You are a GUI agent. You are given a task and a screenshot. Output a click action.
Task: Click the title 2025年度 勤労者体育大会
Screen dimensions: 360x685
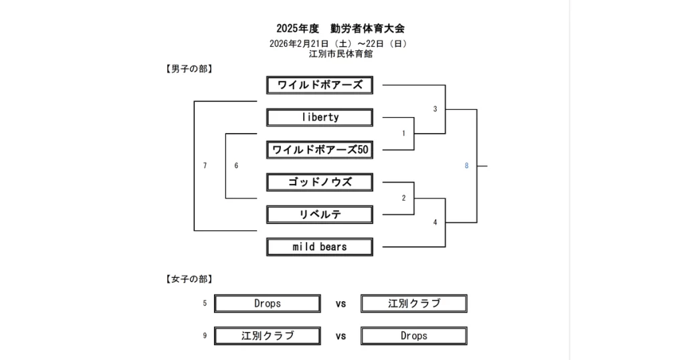tap(340, 29)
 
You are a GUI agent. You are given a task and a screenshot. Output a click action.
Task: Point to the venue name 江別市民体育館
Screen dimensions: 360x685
tap(340, 54)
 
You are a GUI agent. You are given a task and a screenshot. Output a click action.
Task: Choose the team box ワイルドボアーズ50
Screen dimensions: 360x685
tap(320, 150)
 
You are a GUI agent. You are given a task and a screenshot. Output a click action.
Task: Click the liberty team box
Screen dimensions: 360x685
tap(320, 118)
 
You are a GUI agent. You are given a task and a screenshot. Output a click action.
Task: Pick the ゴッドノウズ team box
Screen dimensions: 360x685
tap(320, 182)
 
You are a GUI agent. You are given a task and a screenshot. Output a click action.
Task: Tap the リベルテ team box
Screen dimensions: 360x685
tap(320, 215)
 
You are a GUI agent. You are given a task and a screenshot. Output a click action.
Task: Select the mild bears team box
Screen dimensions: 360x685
tap(320, 247)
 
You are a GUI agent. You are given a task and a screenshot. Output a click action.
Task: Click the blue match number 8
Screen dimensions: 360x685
tap(466, 166)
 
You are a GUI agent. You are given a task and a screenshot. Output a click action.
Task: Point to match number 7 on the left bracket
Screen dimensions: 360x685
tap(205, 165)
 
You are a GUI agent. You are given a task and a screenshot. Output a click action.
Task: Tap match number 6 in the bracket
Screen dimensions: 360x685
tap(236, 165)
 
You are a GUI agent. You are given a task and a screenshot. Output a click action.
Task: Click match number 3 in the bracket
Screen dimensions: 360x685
tap(435, 109)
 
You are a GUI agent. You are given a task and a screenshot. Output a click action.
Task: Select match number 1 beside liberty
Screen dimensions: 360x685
tap(403, 133)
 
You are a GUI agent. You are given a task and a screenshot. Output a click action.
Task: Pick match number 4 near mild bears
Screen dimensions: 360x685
tap(435, 222)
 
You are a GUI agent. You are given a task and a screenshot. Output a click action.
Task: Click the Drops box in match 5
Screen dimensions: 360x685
tap(267, 304)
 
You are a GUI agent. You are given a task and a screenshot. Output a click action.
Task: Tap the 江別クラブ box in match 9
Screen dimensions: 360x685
tap(267, 336)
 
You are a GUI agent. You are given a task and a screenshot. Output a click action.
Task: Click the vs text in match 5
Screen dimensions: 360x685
tap(340, 304)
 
